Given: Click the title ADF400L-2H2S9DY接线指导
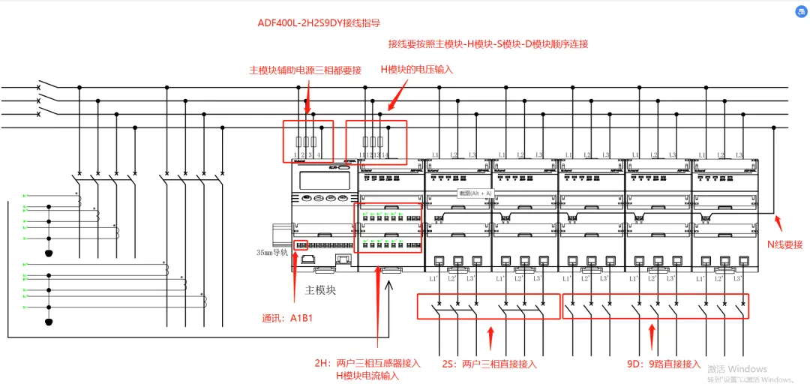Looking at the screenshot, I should [x=319, y=23].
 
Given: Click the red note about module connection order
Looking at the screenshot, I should [x=488, y=44].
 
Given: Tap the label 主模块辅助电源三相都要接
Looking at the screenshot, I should [x=305, y=70].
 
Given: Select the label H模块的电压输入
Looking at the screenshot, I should [x=417, y=70].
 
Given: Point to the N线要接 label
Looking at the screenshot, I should [x=784, y=244].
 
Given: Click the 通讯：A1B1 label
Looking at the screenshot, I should [x=286, y=317].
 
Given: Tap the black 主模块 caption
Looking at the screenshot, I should [x=320, y=289].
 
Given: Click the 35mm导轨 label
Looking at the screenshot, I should [x=272, y=253].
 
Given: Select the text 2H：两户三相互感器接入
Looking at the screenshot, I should [x=367, y=363].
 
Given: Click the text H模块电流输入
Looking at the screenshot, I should [x=367, y=376].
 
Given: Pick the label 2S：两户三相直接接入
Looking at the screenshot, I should [x=489, y=364].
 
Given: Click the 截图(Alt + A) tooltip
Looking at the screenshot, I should [x=475, y=193].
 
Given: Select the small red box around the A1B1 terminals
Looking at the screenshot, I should [x=300, y=245].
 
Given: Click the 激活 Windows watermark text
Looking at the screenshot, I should [x=737, y=369].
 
